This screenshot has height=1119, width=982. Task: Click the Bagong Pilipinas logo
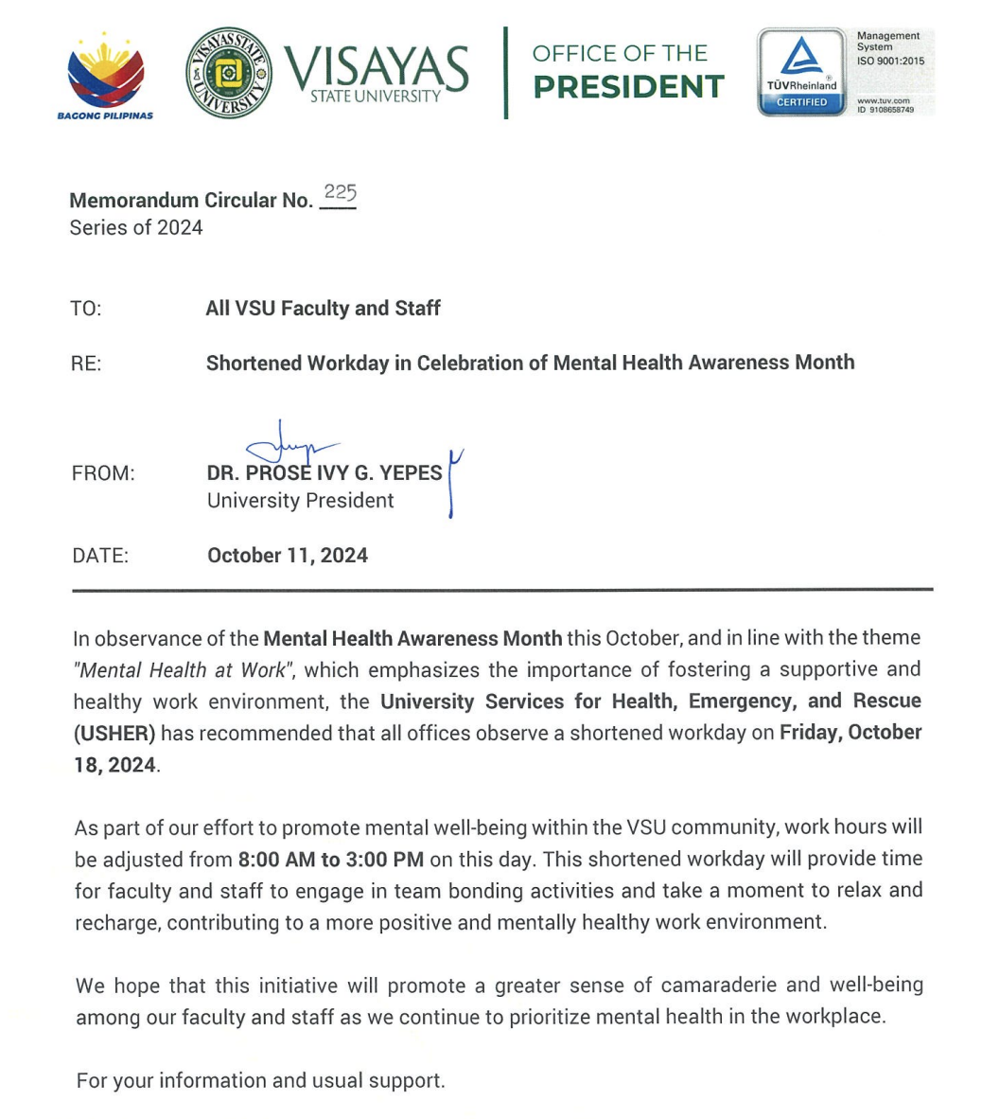105,75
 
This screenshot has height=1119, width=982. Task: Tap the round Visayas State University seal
229,73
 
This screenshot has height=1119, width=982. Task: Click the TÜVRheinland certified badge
801,72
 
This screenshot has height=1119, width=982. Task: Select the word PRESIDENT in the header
628,87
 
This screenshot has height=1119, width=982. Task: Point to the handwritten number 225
339,193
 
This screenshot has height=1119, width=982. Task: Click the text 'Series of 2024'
136,227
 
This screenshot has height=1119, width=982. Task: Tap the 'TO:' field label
85,309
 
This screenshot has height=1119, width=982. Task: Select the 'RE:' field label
86,364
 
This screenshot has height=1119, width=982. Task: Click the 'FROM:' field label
103,473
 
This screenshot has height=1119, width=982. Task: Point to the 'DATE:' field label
100,556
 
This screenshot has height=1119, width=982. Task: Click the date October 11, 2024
288,556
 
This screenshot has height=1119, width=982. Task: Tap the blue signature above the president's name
289,445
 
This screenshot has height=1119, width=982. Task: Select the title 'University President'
300,501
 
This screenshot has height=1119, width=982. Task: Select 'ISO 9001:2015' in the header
891,62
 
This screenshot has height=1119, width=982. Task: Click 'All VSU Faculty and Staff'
323,309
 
